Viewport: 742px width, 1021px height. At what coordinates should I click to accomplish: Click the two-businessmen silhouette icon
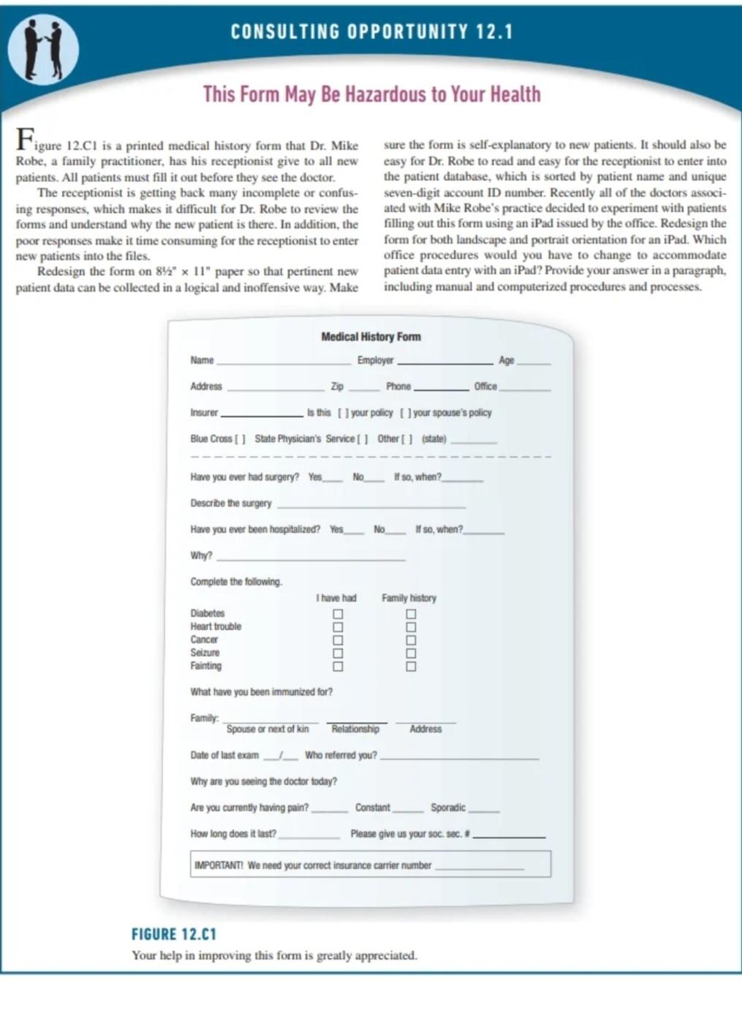pyautogui.click(x=43, y=48)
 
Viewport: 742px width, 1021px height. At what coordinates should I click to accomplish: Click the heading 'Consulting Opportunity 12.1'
pyautogui.click(x=371, y=32)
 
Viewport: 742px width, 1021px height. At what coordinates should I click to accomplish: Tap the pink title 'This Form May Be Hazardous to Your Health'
pyautogui.click(x=371, y=94)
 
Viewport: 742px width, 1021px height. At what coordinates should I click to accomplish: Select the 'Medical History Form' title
pyautogui.click(x=371, y=337)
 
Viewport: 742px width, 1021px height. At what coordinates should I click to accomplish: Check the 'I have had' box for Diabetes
pyautogui.click(x=338, y=614)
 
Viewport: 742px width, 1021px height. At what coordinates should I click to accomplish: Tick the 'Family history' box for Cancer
pyautogui.click(x=411, y=640)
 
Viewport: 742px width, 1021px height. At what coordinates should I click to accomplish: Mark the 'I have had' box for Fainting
pyautogui.click(x=338, y=667)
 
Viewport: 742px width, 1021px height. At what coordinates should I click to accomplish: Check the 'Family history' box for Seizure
pyautogui.click(x=411, y=653)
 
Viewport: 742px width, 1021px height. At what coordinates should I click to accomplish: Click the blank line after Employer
pyautogui.click(x=444, y=363)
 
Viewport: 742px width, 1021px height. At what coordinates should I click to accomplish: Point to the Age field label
pyautogui.click(x=506, y=360)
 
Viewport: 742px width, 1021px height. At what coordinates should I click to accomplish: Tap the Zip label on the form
pyautogui.click(x=337, y=387)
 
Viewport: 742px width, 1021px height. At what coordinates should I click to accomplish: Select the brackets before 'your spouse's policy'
pyautogui.click(x=405, y=413)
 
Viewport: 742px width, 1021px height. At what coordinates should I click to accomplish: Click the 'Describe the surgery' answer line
pyautogui.click(x=371, y=506)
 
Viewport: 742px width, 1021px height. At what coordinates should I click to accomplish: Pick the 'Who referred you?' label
pyautogui.click(x=341, y=756)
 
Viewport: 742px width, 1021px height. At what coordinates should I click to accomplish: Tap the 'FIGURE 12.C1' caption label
pyautogui.click(x=174, y=934)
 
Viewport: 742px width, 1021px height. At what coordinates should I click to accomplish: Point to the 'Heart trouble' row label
pyautogui.click(x=216, y=627)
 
